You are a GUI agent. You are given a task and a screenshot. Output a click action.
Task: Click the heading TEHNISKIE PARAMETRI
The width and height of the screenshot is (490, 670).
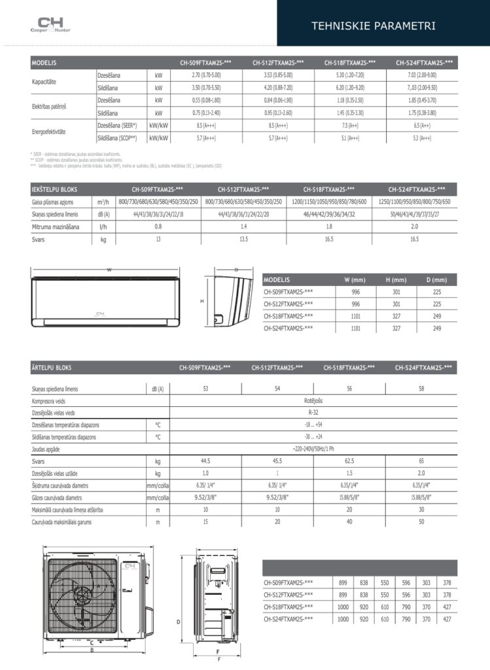[x=383, y=26]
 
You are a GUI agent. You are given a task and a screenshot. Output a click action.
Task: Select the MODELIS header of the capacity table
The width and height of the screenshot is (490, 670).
[x=44, y=63]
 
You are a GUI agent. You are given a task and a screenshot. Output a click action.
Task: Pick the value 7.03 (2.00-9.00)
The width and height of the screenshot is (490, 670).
[x=421, y=75]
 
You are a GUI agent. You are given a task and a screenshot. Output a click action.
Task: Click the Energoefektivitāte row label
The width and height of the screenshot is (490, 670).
[x=49, y=132]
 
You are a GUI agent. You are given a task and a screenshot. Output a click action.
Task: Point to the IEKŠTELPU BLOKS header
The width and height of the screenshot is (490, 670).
[x=54, y=189]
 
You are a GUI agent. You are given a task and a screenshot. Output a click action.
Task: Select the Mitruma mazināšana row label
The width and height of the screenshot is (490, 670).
[x=55, y=226]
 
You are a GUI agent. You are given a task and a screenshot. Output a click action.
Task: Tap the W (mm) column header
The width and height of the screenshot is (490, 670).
[x=356, y=279]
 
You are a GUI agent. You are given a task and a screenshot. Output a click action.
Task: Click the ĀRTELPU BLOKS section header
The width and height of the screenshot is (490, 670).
[x=52, y=368]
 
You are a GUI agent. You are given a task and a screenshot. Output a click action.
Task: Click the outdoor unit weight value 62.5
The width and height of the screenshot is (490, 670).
[x=349, y=462]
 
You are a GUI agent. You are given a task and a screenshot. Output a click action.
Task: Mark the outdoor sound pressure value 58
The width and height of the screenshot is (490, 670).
[x=421, y=389]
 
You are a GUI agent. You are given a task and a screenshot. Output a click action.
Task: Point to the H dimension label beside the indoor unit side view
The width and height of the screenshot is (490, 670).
[x=202, y=301]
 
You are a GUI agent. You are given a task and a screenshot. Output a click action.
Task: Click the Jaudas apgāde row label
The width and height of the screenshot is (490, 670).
[x=50, y=450]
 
